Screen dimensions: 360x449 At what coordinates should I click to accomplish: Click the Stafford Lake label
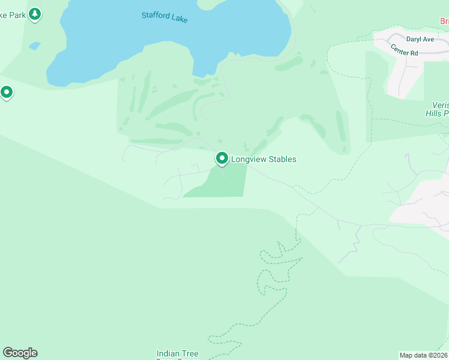[164, 17]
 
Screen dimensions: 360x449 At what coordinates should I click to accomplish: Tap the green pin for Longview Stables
[221, 158]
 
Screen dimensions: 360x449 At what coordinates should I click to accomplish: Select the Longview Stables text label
[264, 160]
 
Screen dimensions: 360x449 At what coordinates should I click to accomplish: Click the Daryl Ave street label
[420, 39]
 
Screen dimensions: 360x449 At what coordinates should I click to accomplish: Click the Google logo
[20, 353]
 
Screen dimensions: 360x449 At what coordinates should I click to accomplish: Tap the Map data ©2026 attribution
[424, 355]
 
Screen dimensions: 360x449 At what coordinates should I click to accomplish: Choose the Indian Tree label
[177, 354]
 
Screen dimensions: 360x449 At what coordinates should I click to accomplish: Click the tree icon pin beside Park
[35, 13]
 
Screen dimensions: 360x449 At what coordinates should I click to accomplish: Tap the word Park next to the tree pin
[17, 15]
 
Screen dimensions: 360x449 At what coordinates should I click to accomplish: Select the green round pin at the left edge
[7, 92]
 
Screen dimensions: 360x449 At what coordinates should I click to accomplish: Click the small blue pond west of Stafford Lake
[35, 46]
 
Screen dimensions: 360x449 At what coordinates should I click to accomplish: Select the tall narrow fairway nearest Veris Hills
[342, 132]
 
